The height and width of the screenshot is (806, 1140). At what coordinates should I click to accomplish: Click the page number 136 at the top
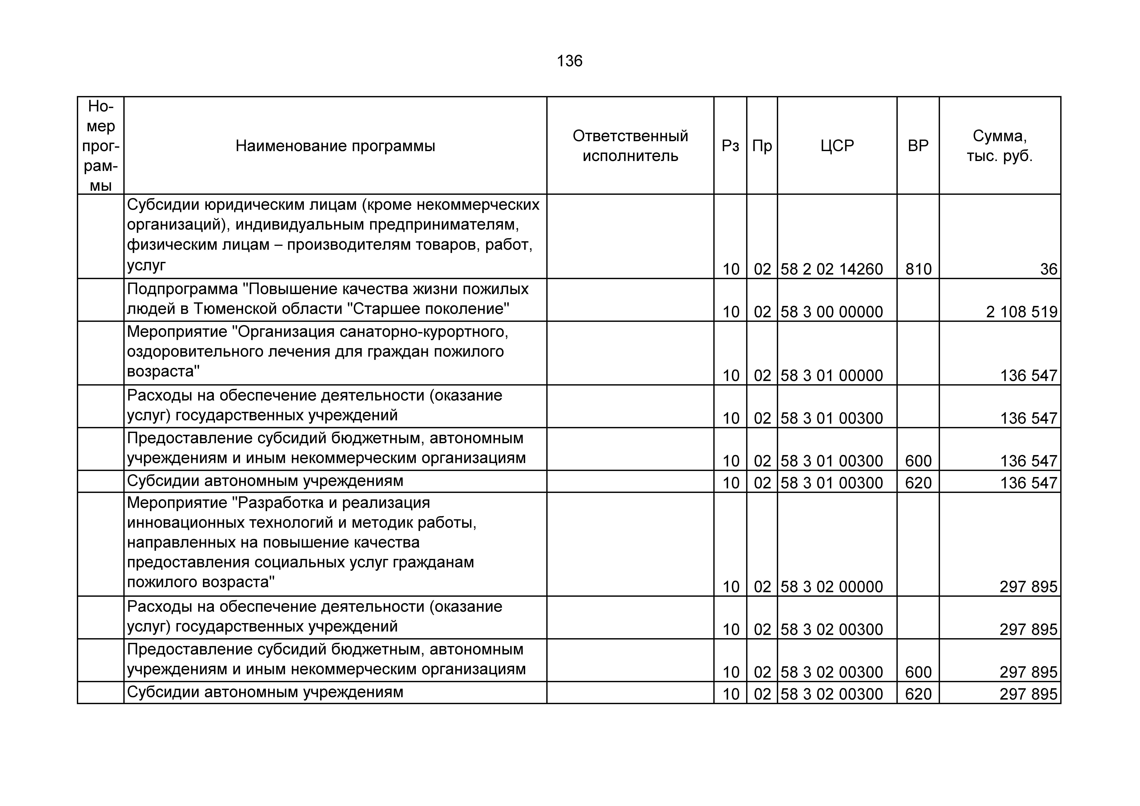570,61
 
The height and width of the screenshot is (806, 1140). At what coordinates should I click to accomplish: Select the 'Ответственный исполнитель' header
630,146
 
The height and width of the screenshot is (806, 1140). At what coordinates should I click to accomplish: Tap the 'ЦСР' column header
837,146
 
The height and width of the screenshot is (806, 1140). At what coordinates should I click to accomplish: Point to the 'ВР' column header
918,146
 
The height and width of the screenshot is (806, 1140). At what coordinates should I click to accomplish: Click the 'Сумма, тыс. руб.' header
999,146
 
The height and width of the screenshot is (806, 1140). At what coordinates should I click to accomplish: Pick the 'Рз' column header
730,146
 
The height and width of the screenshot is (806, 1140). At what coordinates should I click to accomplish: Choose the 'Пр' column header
762,146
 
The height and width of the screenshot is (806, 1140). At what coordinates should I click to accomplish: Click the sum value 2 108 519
1022,312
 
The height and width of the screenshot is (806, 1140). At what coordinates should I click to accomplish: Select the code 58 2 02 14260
832,269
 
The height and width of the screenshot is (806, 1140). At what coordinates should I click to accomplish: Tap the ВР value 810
918,269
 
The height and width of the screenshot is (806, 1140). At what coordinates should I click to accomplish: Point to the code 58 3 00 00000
832,312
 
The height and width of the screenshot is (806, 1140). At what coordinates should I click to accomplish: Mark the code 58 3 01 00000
832,375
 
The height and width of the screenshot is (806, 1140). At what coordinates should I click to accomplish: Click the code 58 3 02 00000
832,587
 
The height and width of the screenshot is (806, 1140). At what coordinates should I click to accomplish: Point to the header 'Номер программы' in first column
101,146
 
